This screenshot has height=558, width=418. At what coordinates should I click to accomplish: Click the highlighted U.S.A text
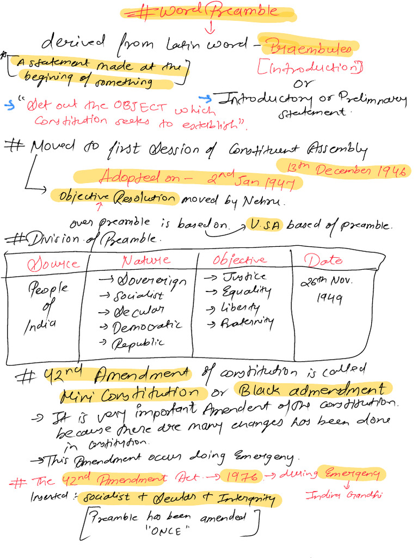pyautogui.click(x=264, y=225)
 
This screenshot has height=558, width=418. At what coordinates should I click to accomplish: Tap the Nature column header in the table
pyautogui.click(x=145, y=260)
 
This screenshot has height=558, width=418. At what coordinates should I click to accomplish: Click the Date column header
pyautogui.click(x=323, y=260)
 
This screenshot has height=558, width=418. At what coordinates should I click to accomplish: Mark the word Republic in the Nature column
pyautogui.click(x=138, y=344)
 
